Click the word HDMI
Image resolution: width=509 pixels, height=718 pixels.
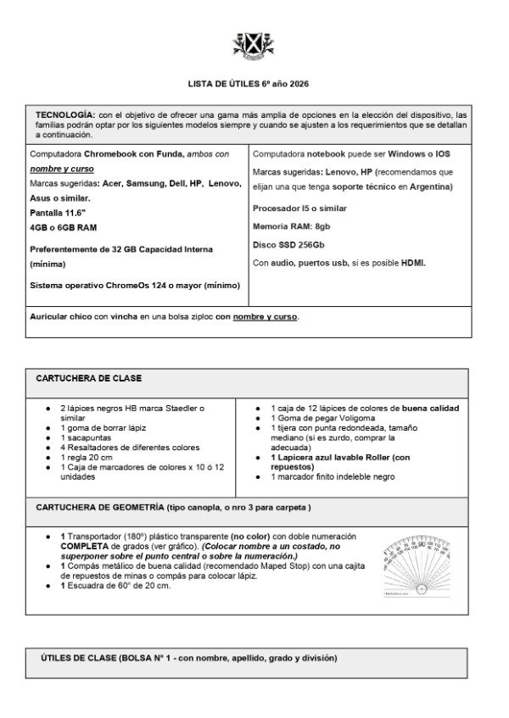click(x=413, y=263)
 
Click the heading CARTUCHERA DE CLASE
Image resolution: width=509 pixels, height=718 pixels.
click(x=89, y=378)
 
